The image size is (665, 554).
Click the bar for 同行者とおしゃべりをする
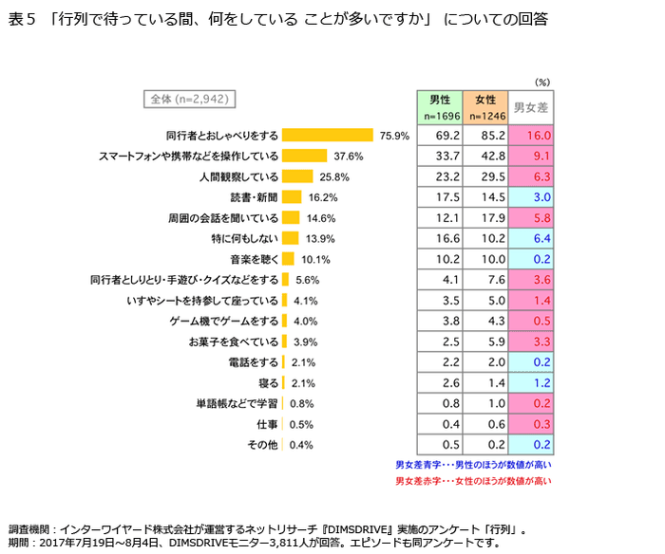point(328,136)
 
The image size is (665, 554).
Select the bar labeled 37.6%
point(305,156)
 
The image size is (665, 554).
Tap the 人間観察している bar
point(297,176)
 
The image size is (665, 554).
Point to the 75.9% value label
point(393,136)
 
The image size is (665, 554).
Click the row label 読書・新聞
point(254,197)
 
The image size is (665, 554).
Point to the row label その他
point(263,445)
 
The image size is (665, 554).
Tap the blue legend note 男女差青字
point(473,465)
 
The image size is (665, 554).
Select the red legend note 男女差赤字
point(473,481)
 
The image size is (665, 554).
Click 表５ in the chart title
point(24,18)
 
